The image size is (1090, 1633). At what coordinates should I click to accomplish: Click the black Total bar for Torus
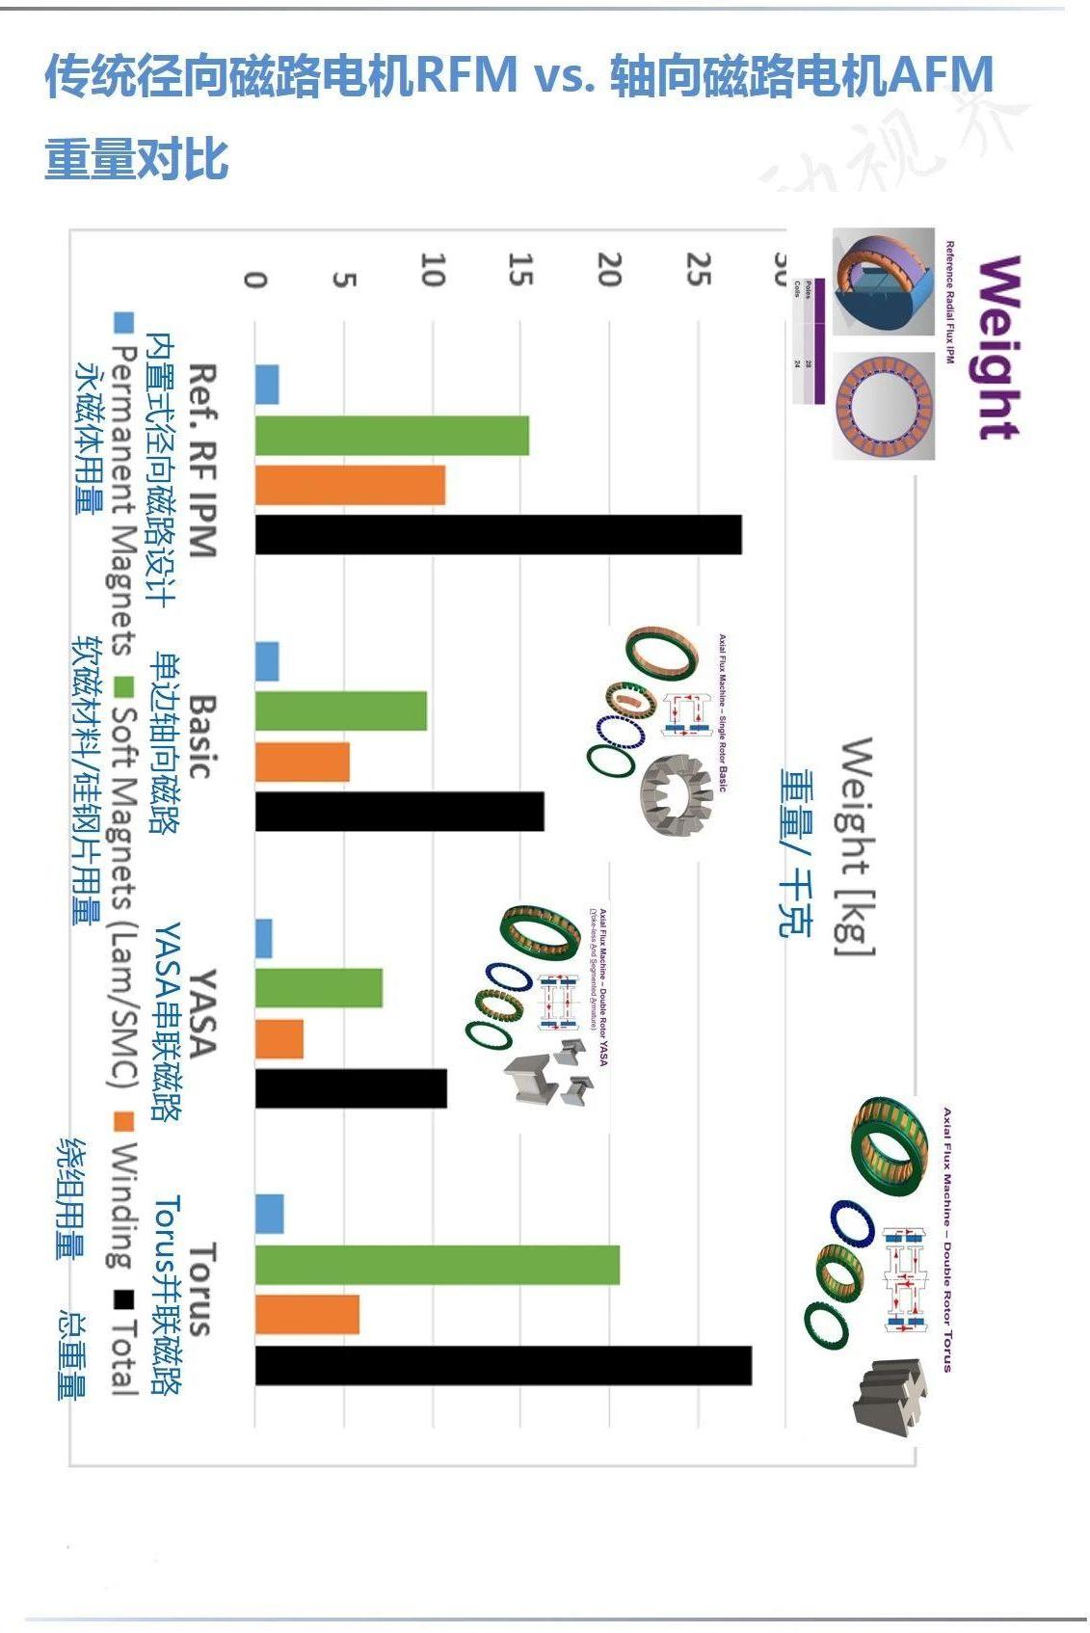(x=503, y=1366)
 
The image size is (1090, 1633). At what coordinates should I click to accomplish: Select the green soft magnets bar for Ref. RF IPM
(x=391, y=436)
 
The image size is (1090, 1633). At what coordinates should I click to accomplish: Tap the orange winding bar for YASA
(x=279, y=1039)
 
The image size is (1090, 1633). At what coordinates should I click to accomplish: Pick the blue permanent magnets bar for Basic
(x=267, y=662)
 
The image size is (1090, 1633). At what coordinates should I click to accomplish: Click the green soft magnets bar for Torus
(x=437, y=1265)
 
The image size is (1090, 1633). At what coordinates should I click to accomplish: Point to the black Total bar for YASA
(x=351, y=1088)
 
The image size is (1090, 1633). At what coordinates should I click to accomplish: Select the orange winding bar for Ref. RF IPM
(x=350, y=485)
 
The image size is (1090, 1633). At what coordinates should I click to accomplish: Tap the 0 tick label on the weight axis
(x=255, y=280)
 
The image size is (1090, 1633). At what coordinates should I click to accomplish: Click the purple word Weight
(x=997, y=347)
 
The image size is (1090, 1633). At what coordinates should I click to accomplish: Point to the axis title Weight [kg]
(x=856, y=846)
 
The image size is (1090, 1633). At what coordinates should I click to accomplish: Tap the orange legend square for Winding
(x=123, y=1122)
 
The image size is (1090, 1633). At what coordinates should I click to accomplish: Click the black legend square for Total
(x=122, y=1299)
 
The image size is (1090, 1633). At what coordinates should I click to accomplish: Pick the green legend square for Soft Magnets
(x=123, y=686)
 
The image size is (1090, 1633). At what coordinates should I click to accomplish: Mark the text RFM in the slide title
(x=465, y=75)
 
